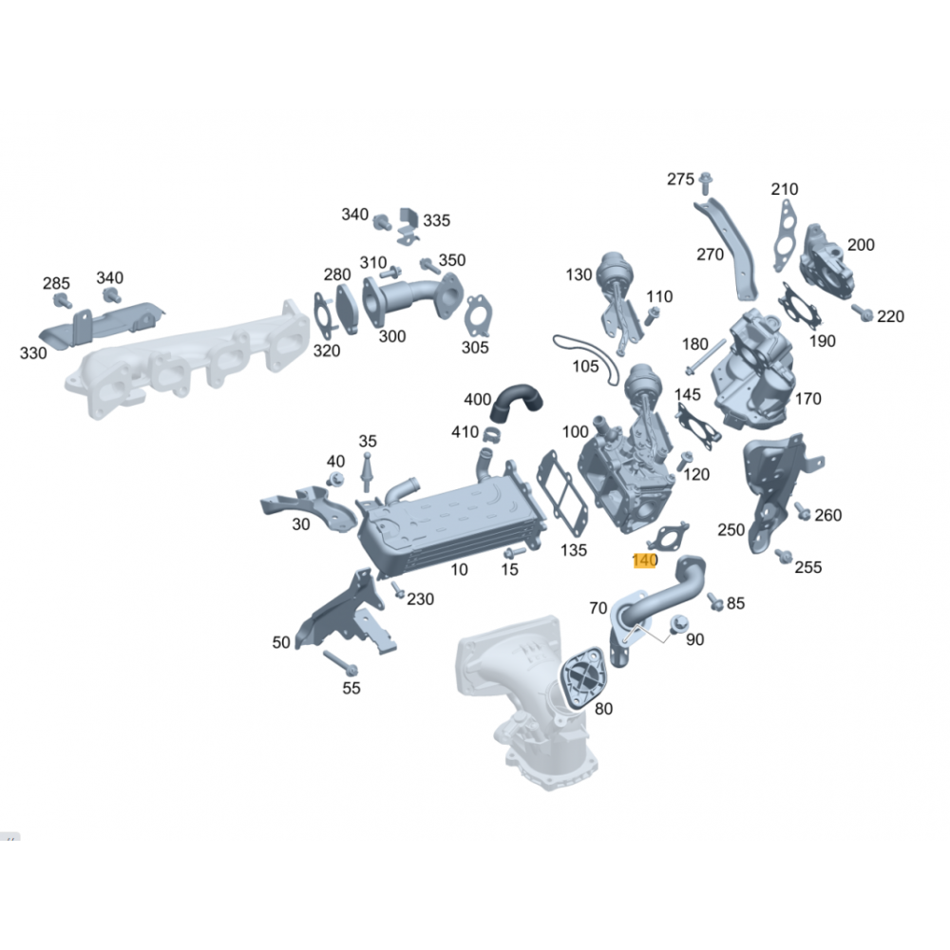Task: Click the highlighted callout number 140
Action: point(644,560)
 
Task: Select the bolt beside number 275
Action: point(705,182)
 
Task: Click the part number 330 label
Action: point(32,352)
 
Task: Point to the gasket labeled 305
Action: point(478,315)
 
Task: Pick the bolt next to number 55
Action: point(340,663)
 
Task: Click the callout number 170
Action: point(807,399)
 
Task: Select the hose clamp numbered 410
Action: point(490,435)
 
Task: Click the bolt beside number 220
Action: point(863,313)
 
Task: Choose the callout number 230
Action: point(420,598)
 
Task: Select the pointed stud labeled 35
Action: point(366,471)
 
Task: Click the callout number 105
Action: point(585,366)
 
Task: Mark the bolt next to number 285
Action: point(62,299)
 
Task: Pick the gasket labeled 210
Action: point(786,237)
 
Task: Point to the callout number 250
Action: point(731,529)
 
